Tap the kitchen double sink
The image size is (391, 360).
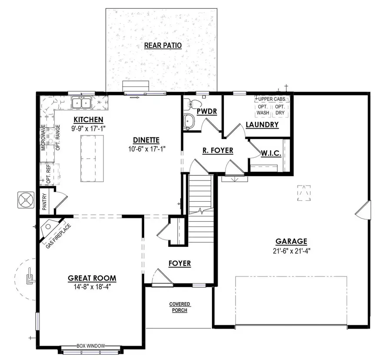pyautogui.click(x=81, y=103)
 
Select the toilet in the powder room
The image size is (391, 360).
pyautogui.click(x=193, y=104)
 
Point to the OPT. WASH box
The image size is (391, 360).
pyautogui.click(x=263, y=110)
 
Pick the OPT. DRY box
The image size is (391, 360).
pyautogui.click(x=280, y=110)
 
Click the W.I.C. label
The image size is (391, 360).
pyautogui.click(x=271, y=154)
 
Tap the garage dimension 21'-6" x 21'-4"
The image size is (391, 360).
pyautogui.click(x=291, y=250)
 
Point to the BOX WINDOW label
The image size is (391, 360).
pyautogui.click(x=91, y=346)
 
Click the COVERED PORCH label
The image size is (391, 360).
pyautogui.click(x=179, y=307)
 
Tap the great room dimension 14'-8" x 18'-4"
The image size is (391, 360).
pyautogui.click(x=92, y=287)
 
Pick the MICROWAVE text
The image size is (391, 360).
pyautogui.click(x=43, y=137)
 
